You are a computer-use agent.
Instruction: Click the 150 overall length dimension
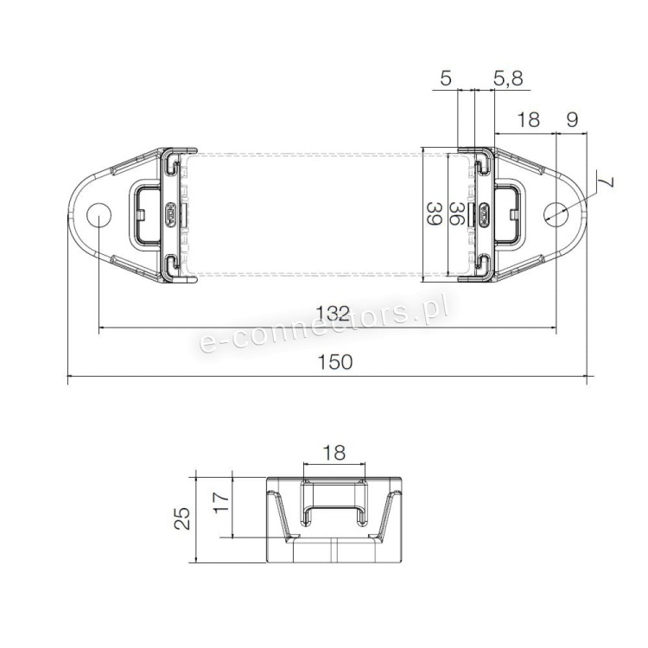point(334,362)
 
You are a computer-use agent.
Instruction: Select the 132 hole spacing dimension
point(333,314)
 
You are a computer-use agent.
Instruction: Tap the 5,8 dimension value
point(508,78)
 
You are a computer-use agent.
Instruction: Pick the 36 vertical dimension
point(456,213)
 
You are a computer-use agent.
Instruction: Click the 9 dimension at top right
point(572,119)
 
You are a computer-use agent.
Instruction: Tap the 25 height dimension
point(182,518)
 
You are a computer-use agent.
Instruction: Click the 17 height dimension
point(221,501)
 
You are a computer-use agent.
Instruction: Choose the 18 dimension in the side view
point(334,453)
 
